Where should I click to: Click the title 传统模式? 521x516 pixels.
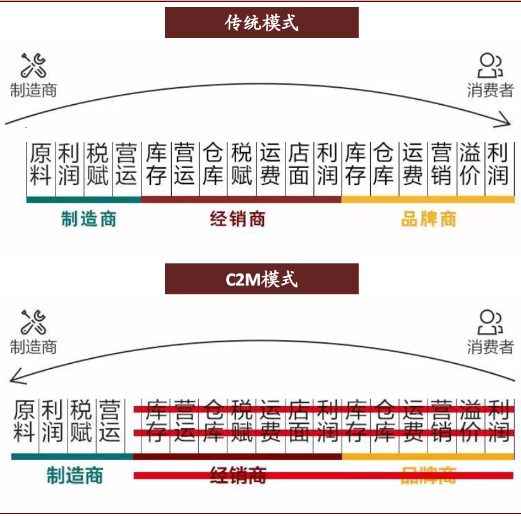(261, 23)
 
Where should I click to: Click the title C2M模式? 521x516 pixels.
(261, 279)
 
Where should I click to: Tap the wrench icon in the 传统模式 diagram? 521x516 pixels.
(33, 66)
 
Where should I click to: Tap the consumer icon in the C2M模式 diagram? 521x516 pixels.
(490, 321)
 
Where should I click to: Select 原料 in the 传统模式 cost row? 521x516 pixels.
(41, 164)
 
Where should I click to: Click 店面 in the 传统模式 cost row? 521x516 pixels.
(299, 164)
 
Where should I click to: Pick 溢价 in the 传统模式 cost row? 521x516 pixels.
(470, 164)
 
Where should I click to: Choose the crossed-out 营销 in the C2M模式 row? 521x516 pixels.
(441, 420)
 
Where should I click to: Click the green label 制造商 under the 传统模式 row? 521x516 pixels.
(89, 219)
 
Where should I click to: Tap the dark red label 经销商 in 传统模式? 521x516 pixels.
(238, 219)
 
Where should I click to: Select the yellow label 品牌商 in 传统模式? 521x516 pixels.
(428, 219)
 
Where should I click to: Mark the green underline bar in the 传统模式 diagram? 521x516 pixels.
(83, 200)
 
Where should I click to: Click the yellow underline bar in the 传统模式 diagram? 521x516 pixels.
(428, 200)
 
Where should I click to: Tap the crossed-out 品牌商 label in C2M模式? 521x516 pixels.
(428, 475)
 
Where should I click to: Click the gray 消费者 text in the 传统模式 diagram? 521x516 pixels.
(490, 90)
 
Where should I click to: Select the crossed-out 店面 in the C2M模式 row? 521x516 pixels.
(299, 420)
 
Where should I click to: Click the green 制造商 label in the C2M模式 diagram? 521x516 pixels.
(75, 475)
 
